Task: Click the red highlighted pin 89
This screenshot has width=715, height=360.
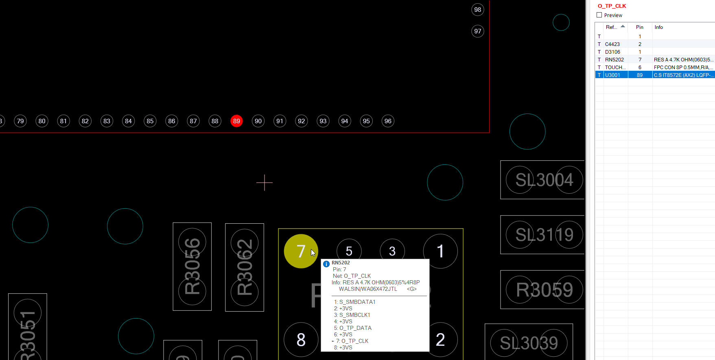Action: (x=236, y=121)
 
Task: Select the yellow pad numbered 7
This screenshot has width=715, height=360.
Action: (x=301, y=251)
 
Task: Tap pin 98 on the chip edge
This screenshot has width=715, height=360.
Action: (x=477, y=10)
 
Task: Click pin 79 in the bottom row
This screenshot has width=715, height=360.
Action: (x=20, y=121)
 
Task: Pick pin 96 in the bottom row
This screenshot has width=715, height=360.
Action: (x=388, y=121)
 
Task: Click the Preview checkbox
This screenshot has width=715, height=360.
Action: (x=599, y=15)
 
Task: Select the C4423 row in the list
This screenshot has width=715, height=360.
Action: (x=612, y=44)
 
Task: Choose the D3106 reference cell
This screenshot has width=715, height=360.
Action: (x=612, y=52)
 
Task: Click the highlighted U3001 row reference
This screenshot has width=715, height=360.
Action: (x=612, y=75)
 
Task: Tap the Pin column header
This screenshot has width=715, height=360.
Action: (x=640, y=27)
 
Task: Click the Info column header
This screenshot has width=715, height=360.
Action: (x=659, y=27)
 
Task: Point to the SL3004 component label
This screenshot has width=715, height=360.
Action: (x=544, y=180)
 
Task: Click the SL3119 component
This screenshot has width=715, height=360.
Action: (x=544, y=235)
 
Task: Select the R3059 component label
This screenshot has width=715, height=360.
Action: (x=544, y=290)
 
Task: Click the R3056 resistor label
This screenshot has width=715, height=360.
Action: (x=192, y=266)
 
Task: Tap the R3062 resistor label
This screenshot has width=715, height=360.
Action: (x=245, y=267)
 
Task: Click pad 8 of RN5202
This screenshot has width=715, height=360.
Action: (x=301, y=340)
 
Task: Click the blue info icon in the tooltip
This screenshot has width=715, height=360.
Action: (x=326, y=264)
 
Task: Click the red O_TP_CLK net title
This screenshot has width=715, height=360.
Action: (x=612, y=6)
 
